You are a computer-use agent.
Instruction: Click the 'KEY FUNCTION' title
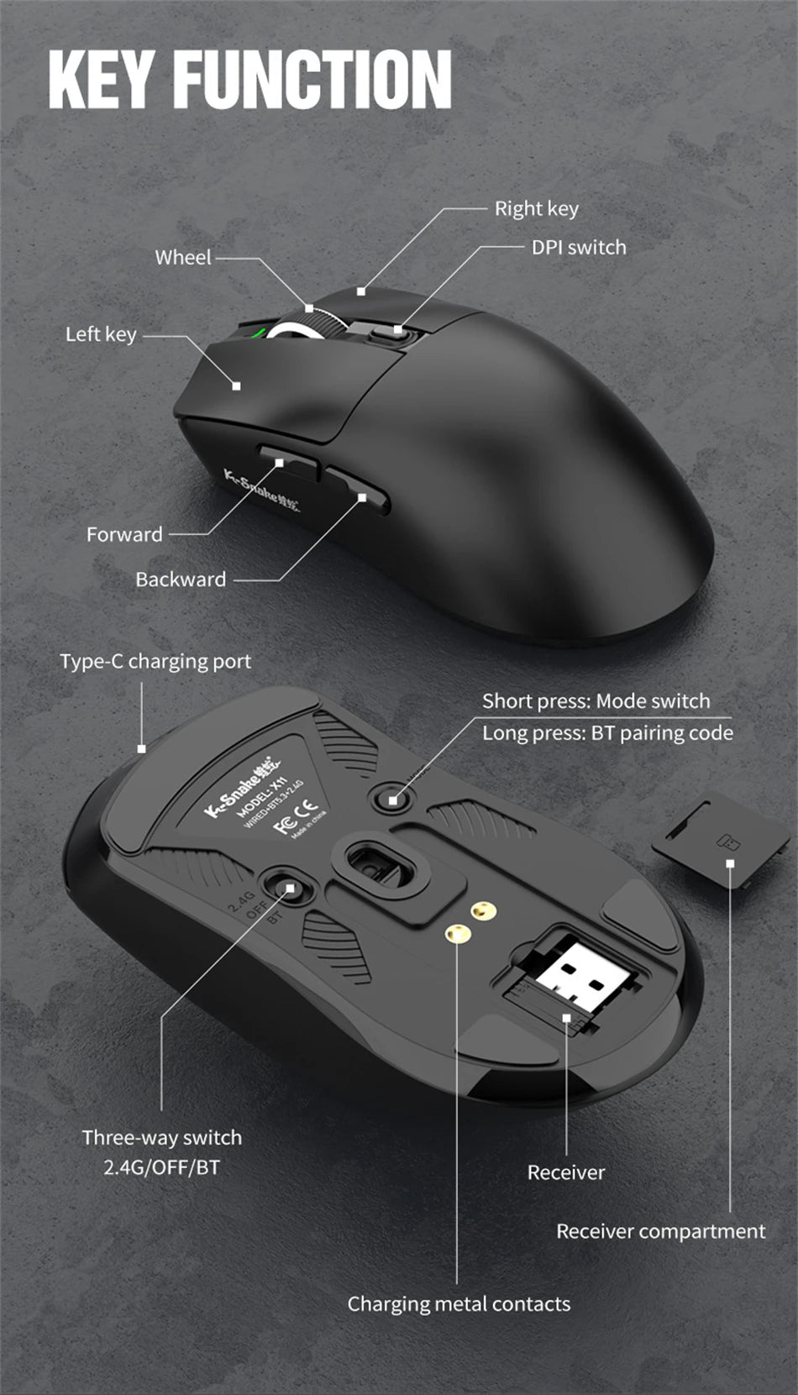tap(249, 79)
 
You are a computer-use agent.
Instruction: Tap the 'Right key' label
tap(536, 208)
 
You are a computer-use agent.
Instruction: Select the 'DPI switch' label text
tap(579, 248)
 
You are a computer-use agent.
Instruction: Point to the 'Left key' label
tap(101, 334)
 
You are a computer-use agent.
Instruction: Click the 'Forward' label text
tap(124, 535)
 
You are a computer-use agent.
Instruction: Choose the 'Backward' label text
tap(181, 580)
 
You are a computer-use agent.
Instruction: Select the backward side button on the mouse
tap(357, 489)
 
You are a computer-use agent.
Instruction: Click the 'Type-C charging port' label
tap(155, 662)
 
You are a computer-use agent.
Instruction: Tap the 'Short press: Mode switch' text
tap(596, 701)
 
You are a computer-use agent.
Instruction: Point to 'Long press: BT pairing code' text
tap(607, 733)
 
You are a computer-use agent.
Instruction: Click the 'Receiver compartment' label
tap(660, 1231)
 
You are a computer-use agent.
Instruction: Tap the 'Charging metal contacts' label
tap(459, 1303)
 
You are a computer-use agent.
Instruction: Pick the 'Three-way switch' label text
tap(162, 1138)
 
